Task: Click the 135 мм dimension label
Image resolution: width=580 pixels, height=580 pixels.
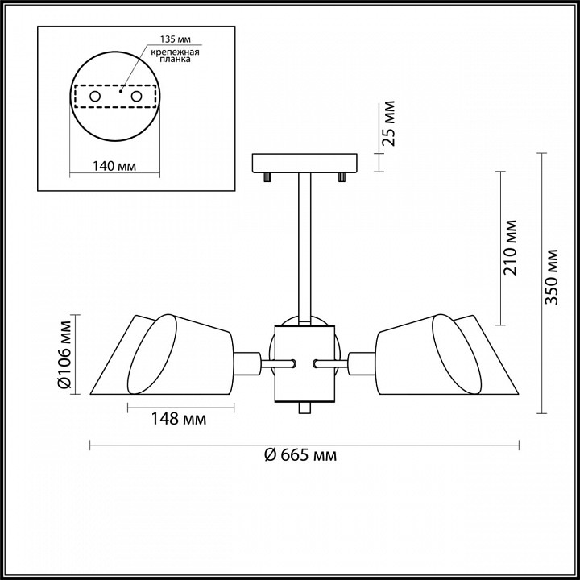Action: [x=176, y=39]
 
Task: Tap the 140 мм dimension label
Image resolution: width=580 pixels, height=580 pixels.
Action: [x=114, y=166]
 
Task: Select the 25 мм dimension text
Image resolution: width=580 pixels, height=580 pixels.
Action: [x=388, y=123]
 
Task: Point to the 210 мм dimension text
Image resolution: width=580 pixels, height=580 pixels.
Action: [x=509, y=247]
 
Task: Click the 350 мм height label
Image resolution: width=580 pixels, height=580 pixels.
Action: [x=551, y=276]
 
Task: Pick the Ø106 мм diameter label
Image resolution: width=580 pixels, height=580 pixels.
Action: [x=65, y=354]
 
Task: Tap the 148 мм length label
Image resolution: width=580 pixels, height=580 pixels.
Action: [x=179, y=419]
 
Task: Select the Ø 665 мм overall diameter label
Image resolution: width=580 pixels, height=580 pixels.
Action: [x=300, y=454]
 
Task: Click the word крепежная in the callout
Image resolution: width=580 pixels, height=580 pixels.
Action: [x=175, y=52]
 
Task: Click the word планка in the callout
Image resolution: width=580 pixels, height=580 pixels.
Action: [x=175, y=60]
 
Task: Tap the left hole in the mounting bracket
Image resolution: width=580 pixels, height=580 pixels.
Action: [x=95, y=97]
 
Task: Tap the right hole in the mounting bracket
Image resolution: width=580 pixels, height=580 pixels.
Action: [x=136, y=97]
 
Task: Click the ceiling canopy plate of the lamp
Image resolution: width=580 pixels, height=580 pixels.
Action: [x=304, y=163]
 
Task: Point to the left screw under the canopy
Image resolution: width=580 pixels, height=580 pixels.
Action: [x=267, y=177]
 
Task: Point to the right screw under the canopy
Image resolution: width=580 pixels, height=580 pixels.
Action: [x=342, y=177]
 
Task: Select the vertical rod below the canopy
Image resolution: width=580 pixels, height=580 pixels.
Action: [x=304, y=249]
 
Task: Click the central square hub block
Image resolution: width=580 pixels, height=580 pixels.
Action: [x=304, y=363]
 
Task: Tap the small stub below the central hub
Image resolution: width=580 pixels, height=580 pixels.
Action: [x=304, y=408]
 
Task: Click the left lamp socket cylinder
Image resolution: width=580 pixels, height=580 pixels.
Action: [x=246, y=363]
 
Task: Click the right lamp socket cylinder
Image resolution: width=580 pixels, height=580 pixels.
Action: [x=362, y=363]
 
